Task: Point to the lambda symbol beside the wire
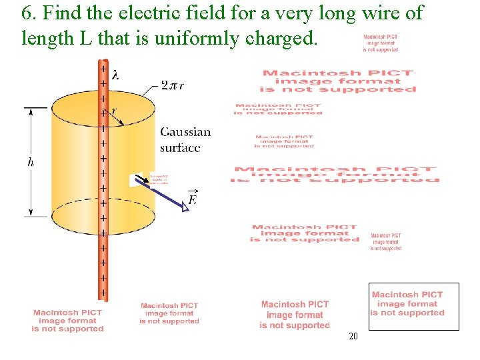click(116, 75)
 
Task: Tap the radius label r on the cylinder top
click(114, 111)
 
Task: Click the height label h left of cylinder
click(31, 162)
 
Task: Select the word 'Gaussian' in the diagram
click(185, 133)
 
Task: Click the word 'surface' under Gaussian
click(180, 147)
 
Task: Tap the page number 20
click(353, 336)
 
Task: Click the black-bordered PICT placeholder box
click(414, 306)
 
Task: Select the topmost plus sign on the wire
click(103, 69)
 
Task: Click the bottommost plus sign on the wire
click(103, 292)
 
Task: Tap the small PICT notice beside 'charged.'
click(381, 43)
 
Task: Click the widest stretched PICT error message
click(335, 174)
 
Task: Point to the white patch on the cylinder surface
click(136, 180)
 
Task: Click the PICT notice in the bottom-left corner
click(67, 321)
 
